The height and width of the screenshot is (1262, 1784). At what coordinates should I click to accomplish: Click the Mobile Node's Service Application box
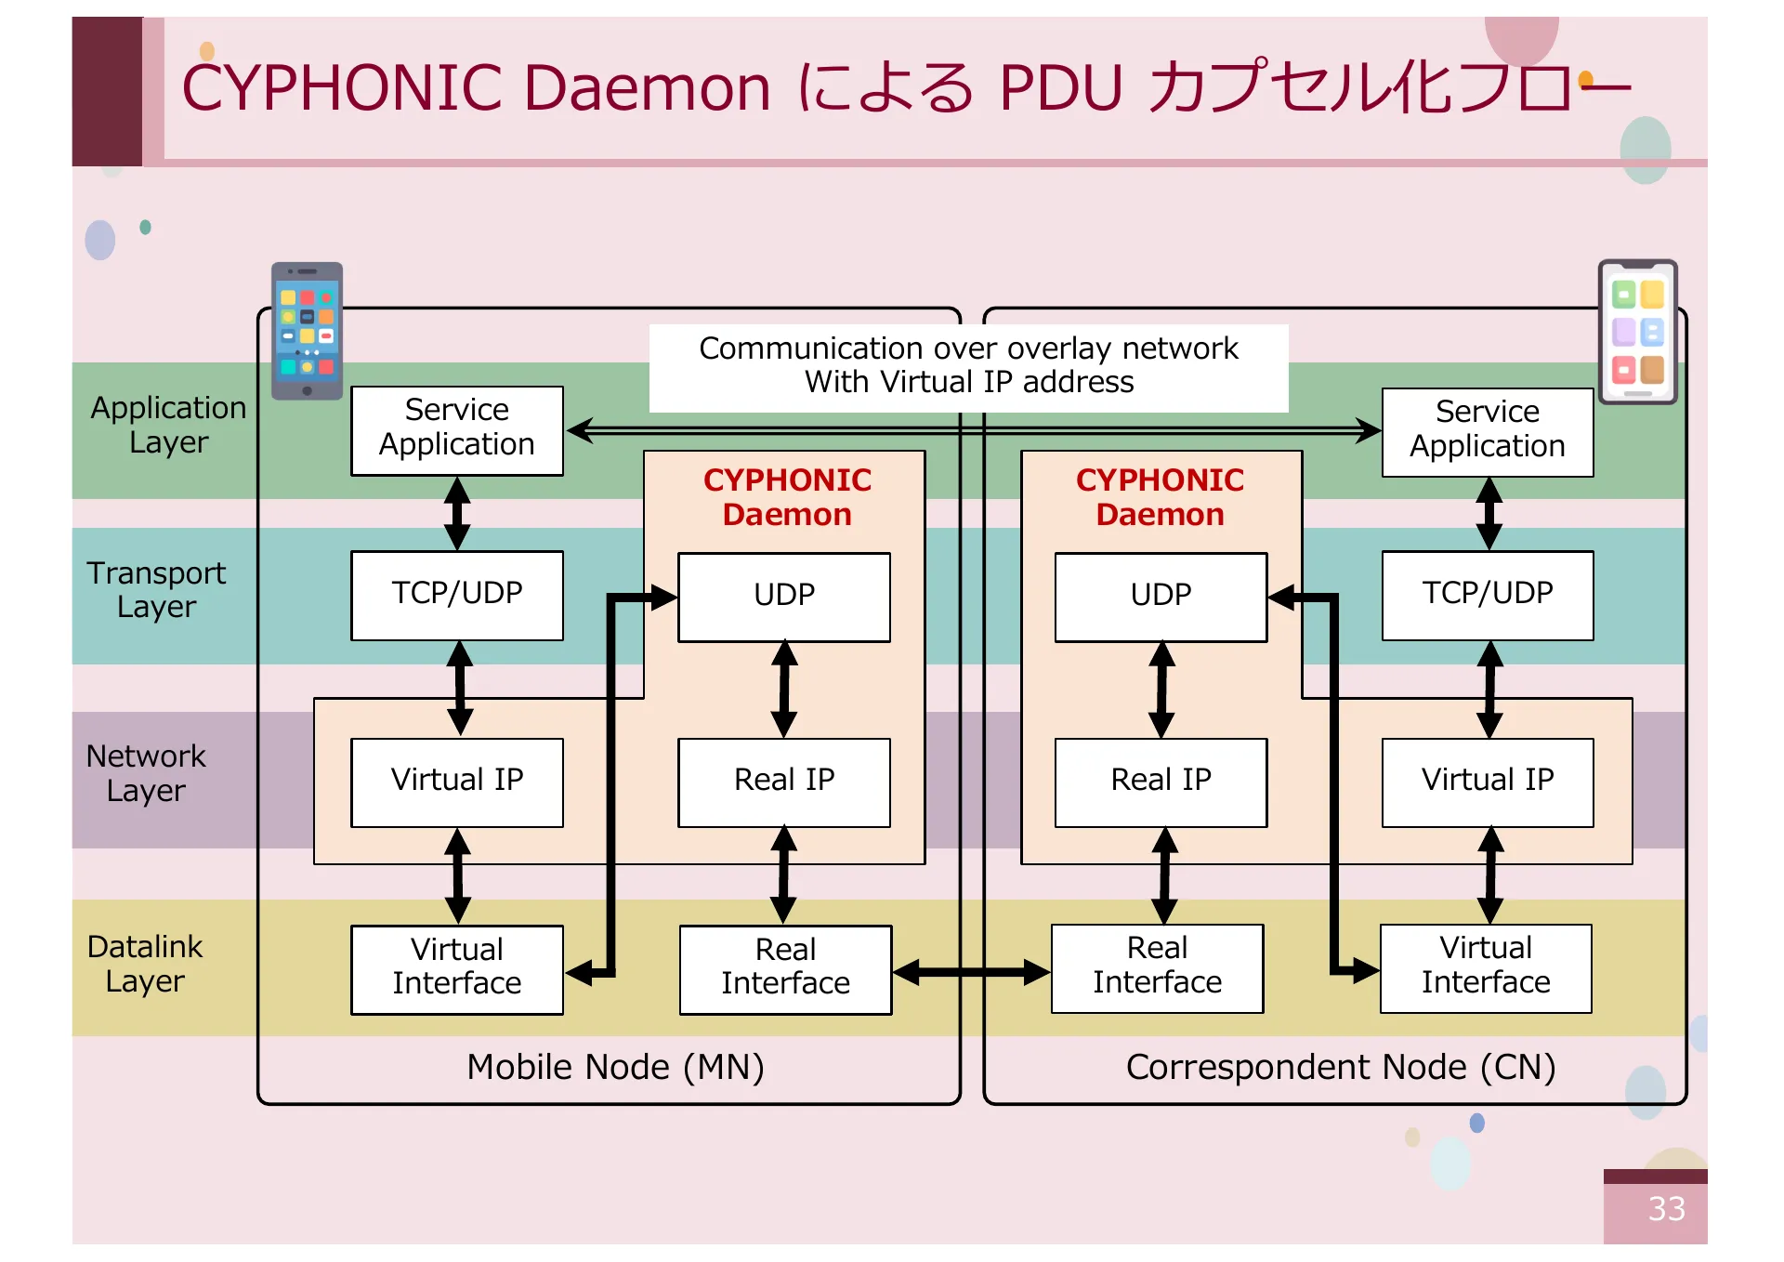point(456,429)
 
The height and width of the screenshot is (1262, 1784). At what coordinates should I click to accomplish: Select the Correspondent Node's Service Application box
point(1487,431)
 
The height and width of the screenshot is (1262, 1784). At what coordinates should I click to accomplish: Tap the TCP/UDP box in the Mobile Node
point(456,595)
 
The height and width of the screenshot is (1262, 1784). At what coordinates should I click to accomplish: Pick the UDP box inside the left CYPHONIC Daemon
point(783,597)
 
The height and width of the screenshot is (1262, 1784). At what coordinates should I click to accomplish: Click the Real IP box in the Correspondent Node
point(1160,782)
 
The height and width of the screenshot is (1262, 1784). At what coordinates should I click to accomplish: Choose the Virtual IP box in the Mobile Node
point(456,782)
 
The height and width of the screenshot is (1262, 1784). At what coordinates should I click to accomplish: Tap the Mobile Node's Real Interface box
point(785,968)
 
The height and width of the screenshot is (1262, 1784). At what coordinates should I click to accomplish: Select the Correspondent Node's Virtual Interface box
point(1485,966)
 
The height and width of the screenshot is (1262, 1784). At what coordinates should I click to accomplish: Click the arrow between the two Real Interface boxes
point(971,972)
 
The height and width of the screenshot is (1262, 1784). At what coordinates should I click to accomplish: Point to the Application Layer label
point(168,425)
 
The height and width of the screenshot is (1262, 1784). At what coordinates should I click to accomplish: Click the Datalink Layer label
point(145,964)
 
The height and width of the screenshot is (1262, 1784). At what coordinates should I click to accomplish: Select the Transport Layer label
point(156,589)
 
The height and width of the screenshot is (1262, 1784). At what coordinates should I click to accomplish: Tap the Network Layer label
point(146,773)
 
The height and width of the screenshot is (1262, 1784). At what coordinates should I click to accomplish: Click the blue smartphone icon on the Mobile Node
point(307,330)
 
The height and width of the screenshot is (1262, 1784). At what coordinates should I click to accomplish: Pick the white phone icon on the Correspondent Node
point(1637,332)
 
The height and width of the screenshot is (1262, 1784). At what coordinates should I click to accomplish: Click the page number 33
point(1665,1208)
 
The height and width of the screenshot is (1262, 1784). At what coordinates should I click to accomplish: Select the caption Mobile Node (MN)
point(615,1067)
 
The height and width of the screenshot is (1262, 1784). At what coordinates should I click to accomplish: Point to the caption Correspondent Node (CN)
point(1340,1067)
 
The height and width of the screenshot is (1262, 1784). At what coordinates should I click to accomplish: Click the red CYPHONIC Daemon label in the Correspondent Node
point(1160,497)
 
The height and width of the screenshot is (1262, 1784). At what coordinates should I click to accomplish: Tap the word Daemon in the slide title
point(647,88)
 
